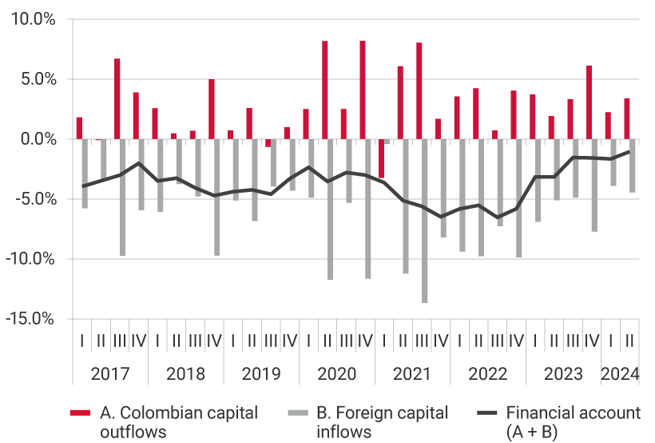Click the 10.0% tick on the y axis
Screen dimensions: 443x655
(x=32, y=20)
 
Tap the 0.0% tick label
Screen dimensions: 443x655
(x=35, y=139)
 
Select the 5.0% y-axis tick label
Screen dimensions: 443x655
(x=35, y=80)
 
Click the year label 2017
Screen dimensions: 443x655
(x=110, y=374)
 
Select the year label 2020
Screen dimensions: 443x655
(x=337, y=374)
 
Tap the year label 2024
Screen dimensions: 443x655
(x=621, y=374)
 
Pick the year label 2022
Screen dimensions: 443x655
(x=488, y=374)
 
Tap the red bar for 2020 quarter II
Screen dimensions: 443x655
(x=325, y=90)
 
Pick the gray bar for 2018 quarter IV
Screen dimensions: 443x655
(x=217, y=197)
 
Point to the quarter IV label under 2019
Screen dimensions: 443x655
(x=289, y=341)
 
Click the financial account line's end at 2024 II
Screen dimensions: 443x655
(x=629, y=151)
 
